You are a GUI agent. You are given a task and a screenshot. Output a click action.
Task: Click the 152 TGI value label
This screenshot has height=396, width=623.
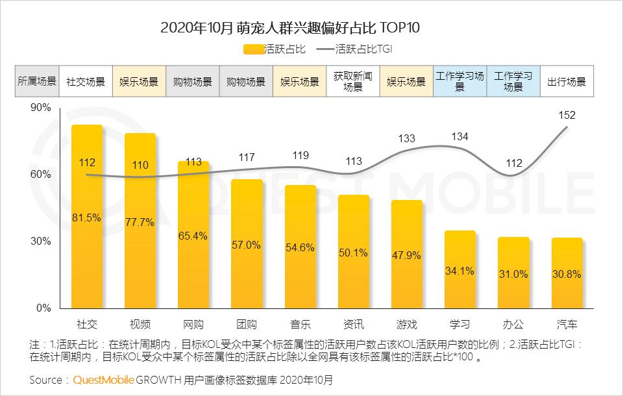(x=567, y=116)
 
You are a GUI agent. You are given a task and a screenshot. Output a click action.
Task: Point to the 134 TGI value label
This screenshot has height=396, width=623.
(x=459, y=136)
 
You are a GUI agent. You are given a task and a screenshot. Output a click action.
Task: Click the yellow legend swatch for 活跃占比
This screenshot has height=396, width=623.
(x=254, y=49)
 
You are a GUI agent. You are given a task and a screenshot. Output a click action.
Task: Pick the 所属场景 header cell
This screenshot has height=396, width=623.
(x=37, y=82)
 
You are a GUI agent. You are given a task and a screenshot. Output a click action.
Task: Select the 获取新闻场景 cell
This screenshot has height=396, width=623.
(x=353, y=82)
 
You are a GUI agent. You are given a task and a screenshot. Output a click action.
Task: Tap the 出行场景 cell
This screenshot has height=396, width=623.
(x=567, y=82)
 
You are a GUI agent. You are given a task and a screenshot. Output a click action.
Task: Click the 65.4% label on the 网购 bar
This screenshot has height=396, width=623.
(x=193, y=236)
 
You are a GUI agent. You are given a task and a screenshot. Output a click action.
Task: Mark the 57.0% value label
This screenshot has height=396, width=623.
(x=246, y=245)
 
